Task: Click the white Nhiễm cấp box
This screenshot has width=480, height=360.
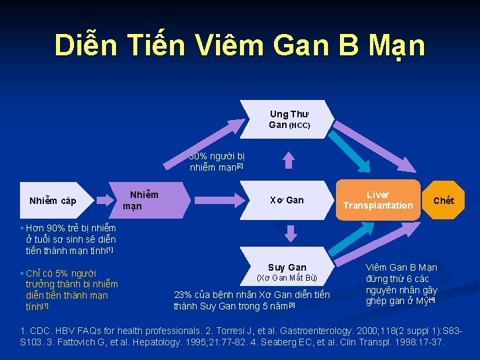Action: tap(53, 201)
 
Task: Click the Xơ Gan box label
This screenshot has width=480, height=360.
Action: tap(287, 200)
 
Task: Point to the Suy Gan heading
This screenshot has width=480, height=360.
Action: tap(287, 267)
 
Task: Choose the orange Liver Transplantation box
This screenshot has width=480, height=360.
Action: tap(378, 200)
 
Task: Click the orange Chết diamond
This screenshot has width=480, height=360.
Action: tap(443, 200)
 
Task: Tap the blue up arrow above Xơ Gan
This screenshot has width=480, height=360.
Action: tap(288, 159)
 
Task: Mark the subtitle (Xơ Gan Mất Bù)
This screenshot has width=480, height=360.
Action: tap(287, 278)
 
